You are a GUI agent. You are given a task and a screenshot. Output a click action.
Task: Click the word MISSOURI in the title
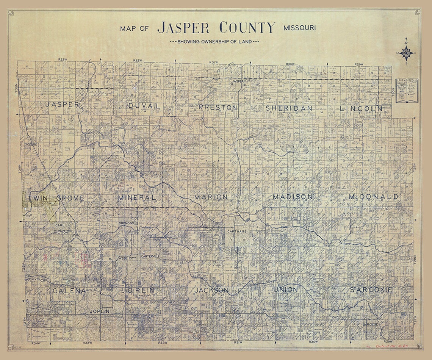pyautogui.click(x=299, y=28)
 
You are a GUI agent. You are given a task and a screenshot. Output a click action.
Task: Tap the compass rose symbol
pyautogui.click(x=406, y=53)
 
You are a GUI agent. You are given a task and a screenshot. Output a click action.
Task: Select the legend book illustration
pyautogui.click(x=407, y=91)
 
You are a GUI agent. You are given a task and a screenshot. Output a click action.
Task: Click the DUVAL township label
pyautogui.click(x=144, y=106)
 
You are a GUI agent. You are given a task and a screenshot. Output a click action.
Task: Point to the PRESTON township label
pyautogui.click(x=218, y=108)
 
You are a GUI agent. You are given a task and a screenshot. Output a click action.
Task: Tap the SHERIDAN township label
pyautogui.click(x=289, y=108)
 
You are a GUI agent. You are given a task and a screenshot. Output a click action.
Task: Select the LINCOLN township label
pyautogui.click(x=361, y=108)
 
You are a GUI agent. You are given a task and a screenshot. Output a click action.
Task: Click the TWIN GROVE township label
pyautogui.click(x=56, y=198)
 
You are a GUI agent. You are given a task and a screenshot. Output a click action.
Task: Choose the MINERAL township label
pyautogui.click(x=136, y=198)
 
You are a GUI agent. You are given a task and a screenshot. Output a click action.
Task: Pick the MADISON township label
pyautogui.click(x=293, y=197)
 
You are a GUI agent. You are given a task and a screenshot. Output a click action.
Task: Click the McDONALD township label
pyautogui.click(x=373, y=197)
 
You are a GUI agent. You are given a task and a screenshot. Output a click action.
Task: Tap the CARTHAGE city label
pyautogui.click(x=237, y=231)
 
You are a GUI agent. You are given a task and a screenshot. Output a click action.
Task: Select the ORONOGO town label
pyautogui.click(x=127, y=223)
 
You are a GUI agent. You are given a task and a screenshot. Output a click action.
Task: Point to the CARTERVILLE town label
pyautogui.click(x=150, y=257)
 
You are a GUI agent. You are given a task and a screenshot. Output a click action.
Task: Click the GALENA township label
pyautogui.click(x=69, y=291)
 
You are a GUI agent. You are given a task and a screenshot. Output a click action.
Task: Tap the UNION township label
pyautogui.click(x=285, y=290)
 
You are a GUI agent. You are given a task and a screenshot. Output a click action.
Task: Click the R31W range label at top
pyautogui.click(x=214, y=62)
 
